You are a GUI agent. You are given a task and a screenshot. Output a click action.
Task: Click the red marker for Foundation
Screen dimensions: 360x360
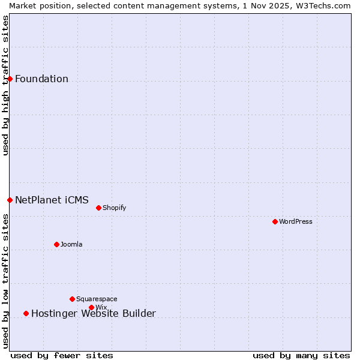pyautogui.click(x=10, y=79)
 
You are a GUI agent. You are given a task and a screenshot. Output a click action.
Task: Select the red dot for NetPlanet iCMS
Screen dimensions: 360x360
pyautogui.click(x=10, y=200)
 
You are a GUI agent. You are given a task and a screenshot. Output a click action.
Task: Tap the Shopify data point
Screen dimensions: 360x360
pyautogui.click(x=98, y=208)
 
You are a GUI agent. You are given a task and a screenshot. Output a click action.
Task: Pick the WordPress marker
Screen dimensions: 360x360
pyautogui.click(x=275, y=221)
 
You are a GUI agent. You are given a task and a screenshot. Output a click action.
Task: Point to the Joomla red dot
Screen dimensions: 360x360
pyautogui.click(x=56, y=244)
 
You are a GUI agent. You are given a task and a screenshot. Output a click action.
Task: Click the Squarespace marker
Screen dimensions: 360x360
pyautogui.click(x=72, y=299)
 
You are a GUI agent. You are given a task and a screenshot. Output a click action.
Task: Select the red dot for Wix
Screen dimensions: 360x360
pyautogui.click(x=91, y=307)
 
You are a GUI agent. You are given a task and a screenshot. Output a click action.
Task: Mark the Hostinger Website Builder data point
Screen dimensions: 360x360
pyautogui.click(x=26, y=313)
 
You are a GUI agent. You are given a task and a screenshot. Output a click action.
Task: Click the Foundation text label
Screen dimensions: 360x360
pyautogui.click(x=41, y=79)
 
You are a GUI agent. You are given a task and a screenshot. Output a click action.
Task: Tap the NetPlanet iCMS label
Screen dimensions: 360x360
pyautogui.click(x=52, y=200)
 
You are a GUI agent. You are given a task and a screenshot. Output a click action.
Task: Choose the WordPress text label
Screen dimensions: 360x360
pyautogui.click(x=296, y=221)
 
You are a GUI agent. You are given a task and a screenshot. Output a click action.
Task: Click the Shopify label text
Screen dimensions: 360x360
pyautogui.click(x=114, y=208)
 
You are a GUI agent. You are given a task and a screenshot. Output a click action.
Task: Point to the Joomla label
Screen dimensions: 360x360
pyautogui.click(x=71, y=244)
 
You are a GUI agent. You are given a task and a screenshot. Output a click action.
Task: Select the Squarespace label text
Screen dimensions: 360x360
pyautogui.click(x=97, y=299)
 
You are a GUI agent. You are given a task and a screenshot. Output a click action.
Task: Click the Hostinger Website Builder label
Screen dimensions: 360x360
pyautogui.click(x=93, y=313)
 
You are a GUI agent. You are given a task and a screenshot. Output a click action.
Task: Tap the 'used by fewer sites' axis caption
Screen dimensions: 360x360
pyautogui.click(x=62, y=355)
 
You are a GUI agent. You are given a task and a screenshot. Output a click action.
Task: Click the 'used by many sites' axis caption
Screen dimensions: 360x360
pyautogui.click(x=301, y=355)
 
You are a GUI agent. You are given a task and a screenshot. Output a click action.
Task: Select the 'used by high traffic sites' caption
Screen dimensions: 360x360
pyautogui.click(x=5, y=85)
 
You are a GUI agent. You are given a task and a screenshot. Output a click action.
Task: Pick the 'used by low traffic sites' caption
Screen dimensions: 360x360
pyautogui.click(x=5, y=281)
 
